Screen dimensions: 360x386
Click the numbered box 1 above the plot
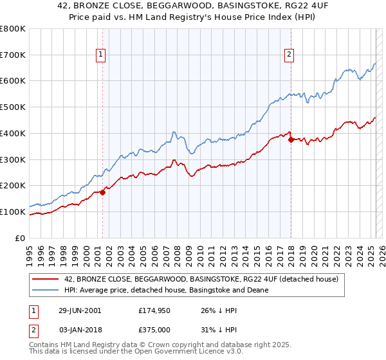click(x=102, y=55)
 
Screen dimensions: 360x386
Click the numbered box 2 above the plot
click(x=289, y=55)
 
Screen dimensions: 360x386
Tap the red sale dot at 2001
click(x=102, y=192)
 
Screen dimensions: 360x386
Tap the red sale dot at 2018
click(x=291, y=139)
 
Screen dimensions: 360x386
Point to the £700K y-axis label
click(x=13, y=55)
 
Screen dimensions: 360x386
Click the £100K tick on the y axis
click(x=13, y=212)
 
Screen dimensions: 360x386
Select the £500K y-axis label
click(x=13, y=107)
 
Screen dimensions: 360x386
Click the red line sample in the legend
click(x=44, y=280)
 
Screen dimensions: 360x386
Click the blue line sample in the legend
click(x=44, y=290)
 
